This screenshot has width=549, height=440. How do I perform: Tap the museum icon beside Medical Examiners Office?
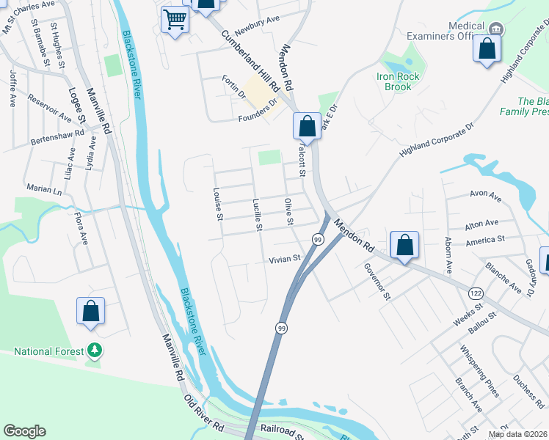(x=496, y=29)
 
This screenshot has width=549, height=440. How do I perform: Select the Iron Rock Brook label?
(x=399, y=81)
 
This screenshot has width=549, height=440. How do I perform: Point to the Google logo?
(x=25, y=431)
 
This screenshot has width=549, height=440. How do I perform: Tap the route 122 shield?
(x=475, y=292)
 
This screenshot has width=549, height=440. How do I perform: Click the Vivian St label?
(x=285, y=259)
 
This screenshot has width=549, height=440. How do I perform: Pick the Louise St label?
(x=217, y=204)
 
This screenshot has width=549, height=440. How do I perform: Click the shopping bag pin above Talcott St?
(x=307, y=125)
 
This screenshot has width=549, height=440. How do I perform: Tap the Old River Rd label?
(x=203, y=413)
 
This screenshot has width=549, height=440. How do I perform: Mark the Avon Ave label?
(x=485, y=197)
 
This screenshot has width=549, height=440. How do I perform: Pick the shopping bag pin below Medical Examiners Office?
(x=487, y=49)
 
